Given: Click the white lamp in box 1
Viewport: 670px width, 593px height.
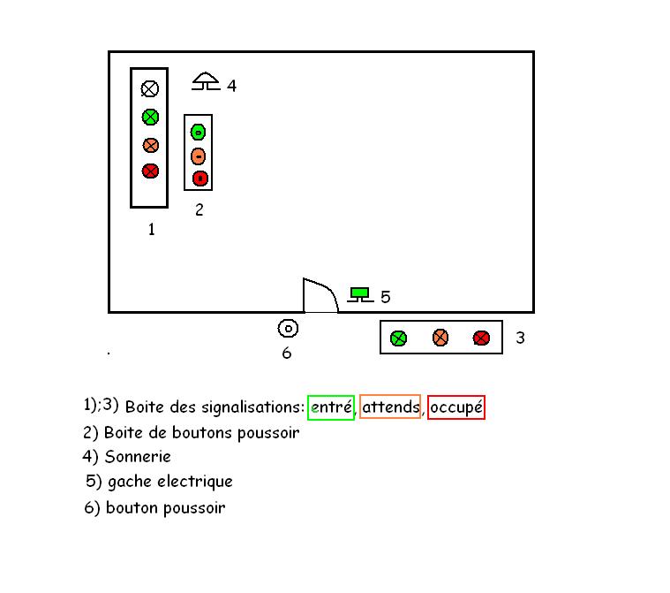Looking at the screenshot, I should (x=150, y=88).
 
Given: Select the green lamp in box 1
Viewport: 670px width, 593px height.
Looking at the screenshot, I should (x=150, y=117).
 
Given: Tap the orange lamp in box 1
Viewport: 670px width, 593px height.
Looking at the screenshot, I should (x=150, y=145).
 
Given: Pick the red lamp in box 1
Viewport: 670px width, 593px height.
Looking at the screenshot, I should (x=150, y=171).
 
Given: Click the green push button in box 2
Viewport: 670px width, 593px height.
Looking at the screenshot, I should (x=199, y=132).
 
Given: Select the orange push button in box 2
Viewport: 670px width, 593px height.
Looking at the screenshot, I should (x=199, y=156).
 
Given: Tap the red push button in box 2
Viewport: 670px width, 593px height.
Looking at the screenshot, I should (x=199, y=179).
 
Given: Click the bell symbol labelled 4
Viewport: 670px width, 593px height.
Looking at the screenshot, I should (x=206, y=82).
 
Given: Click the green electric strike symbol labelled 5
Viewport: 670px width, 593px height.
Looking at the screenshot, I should (x=359, y=294).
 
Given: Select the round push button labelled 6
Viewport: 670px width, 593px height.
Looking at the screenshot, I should (x=288, y=329).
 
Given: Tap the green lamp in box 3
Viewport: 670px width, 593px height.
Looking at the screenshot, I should (x=398, y=338).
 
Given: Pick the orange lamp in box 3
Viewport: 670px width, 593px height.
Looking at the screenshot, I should (x=440, y=337).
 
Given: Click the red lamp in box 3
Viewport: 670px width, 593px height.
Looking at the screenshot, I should (x=481, y=338).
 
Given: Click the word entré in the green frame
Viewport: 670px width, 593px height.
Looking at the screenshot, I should (x=331, y=407).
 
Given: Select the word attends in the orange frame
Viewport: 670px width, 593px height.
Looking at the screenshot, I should (x=390, y=407).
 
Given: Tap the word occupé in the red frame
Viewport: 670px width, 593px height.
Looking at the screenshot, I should (x=456, y=408).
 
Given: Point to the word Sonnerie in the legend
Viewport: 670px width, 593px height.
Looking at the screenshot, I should (x=138, y=457).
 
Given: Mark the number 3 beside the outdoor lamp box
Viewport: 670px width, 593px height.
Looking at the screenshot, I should (x=520, y=338).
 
